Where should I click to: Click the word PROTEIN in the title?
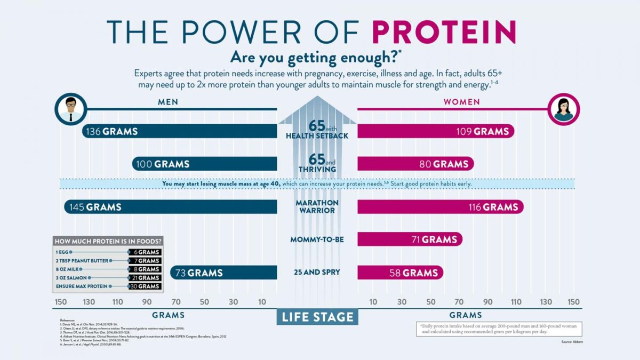tap(444, 32)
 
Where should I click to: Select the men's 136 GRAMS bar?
tap(180, 131)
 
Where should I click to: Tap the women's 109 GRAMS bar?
tap(436, 131)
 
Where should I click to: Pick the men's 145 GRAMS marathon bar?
tap(171, 207)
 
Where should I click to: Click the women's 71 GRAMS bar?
tap(410, 239)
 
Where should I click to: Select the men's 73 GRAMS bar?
tap(223, 273)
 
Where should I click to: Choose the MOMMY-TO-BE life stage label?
tap(317, 239)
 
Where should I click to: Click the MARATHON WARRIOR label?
tap(317, 207)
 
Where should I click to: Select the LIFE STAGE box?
tap(317, 317)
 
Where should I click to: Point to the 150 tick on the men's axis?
tap(60, 302)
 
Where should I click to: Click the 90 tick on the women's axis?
tap(488, 302)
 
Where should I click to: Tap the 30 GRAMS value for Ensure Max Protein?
tap(145, 286)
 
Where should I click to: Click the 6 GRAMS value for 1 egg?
tap(145, 252)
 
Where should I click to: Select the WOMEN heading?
tap(461, 102)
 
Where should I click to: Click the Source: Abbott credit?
tap(572, 341)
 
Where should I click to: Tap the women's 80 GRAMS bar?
tap(415, 164)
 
